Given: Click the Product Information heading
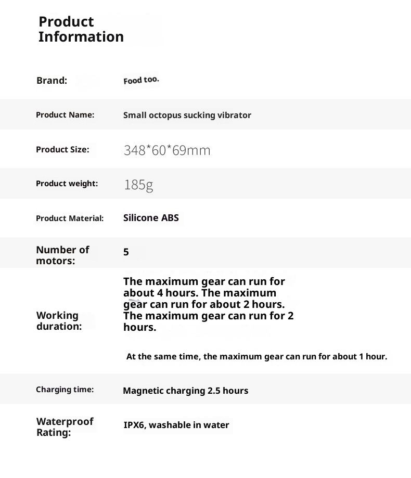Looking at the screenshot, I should click(81, 29).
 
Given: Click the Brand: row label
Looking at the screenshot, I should click(52, 81).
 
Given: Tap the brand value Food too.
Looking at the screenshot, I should click(141, 80).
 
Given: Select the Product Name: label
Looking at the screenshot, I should click(65, 115).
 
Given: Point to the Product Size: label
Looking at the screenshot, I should click(62, 150).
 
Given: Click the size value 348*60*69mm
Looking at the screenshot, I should click(167, 151).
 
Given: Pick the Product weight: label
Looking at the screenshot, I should click(67, 184).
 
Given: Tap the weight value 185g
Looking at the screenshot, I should click(138, 185).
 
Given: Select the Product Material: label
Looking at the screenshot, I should click(70, 218).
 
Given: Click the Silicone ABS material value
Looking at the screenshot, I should click(151, 218).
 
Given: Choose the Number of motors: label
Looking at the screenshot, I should click(62, 255).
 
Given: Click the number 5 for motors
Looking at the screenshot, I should click(126, 252).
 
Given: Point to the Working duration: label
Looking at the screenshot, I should click(59, 321).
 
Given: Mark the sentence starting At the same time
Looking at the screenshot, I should click(256, 357).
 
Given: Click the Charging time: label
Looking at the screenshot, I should click(65, 390).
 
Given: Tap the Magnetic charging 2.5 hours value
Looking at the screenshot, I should click(185, 391).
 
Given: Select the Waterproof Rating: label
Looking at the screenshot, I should click(65, 427).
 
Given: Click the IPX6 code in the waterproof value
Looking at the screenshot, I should click(135, 425).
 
